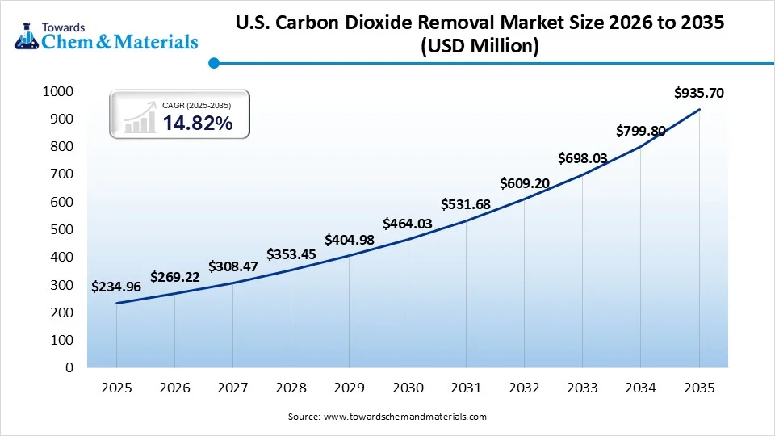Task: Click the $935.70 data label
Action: (699, 93)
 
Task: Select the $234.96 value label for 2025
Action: (116, 286)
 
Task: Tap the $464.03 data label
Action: (408, 223)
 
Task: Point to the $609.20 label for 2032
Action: (525, 183)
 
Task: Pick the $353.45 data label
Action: (291, 255)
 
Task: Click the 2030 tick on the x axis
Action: (408, 388)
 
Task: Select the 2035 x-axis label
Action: (699, 388)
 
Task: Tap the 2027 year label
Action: (232, 388)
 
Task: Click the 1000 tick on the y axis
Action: (57, 92)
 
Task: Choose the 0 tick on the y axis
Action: (69, 367)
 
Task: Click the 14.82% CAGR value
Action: (197, 124)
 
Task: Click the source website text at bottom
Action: (387, 417)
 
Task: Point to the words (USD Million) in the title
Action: (480, 47)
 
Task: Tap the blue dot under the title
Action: (214, 63)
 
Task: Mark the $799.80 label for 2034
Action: (641, 130)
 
